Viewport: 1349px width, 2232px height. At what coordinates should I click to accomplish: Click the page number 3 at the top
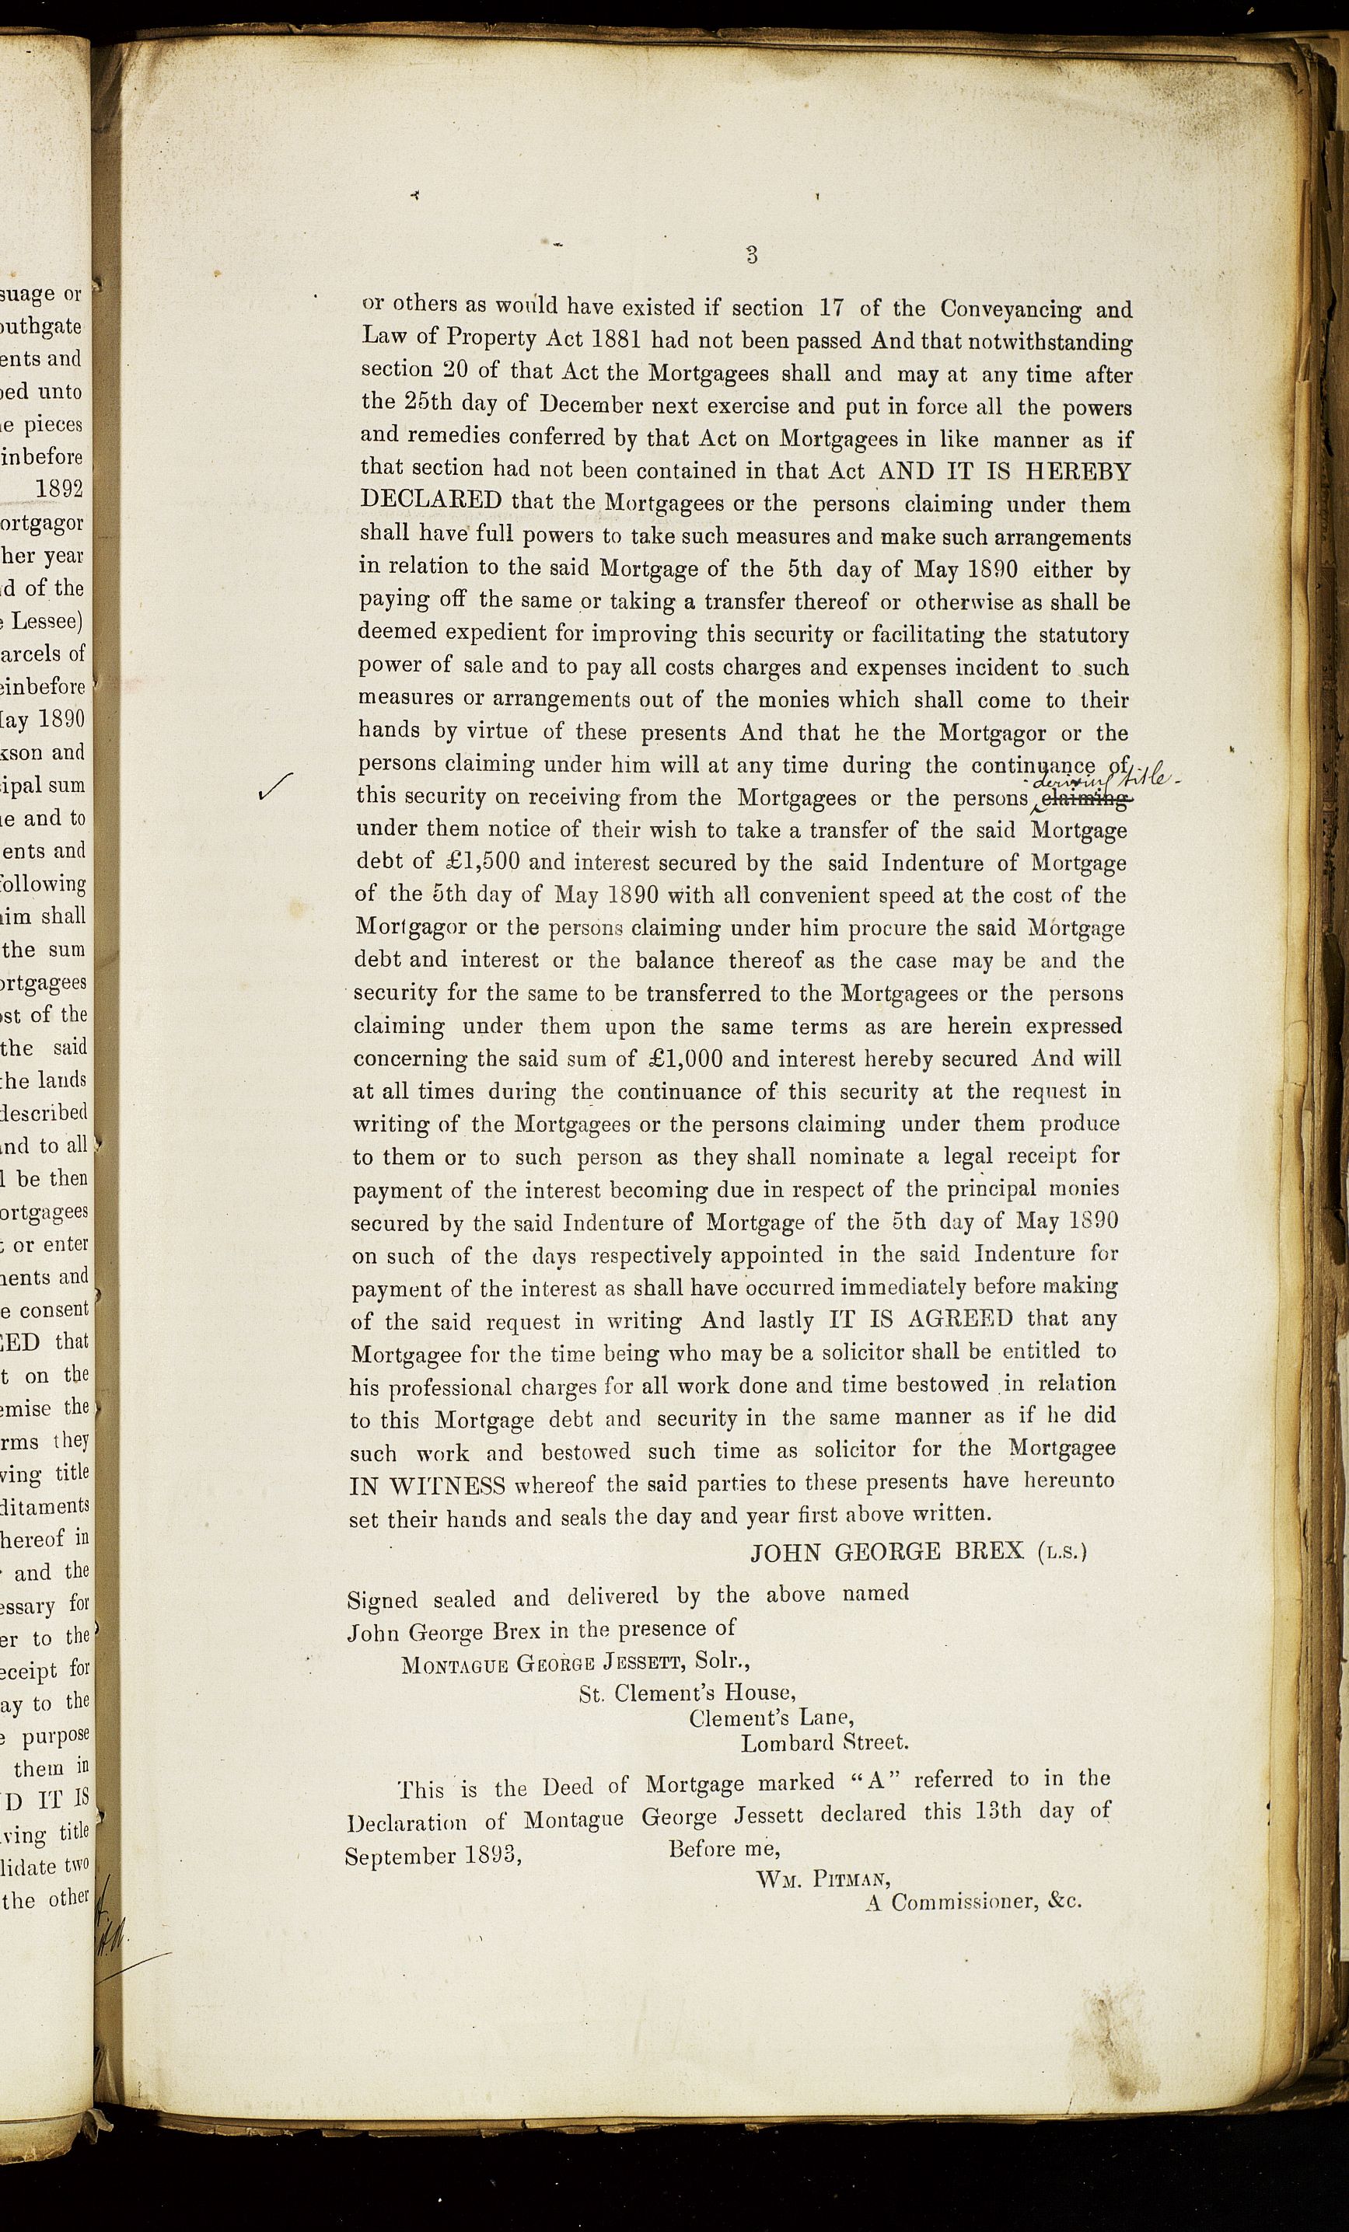[x=751, y=255]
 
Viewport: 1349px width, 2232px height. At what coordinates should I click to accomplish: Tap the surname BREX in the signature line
[x=988, y=1552]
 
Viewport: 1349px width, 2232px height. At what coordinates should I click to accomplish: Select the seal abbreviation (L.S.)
[x=1062, y=1553]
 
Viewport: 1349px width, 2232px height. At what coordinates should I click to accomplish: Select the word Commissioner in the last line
[x=961, y=1902]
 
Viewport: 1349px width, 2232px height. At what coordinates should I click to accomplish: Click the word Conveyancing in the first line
[x=1011, y=309]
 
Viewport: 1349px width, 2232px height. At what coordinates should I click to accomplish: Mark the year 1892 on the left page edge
[x=59, y=488]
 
